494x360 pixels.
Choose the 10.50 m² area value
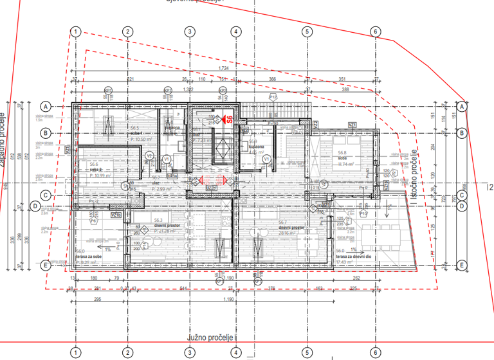coord(142,138)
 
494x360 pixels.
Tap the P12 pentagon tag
coord(272,97)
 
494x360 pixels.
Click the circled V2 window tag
coord(149,156)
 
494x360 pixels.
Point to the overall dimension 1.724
coord(224,68)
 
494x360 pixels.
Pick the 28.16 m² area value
coord(288,234)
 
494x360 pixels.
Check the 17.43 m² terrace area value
coord(351,262)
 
